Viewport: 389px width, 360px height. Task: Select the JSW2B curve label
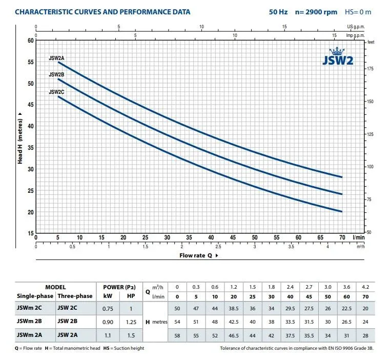point(56,74)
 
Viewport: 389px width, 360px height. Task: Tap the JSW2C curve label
point(56,92)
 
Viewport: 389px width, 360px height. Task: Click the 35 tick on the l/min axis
point(189,238)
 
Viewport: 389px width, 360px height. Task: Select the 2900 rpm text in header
point(316,12)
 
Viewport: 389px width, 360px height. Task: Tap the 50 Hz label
point(278,12)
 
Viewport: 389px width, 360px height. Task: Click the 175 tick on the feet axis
point(371,68)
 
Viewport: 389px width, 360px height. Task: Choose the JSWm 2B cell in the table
point(33,322)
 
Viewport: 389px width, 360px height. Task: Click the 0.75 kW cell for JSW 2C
point(108,309)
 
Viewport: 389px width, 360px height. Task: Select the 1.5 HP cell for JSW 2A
point(131,335)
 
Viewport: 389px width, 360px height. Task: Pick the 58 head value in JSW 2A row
point(177,335)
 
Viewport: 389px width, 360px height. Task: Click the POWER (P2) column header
point(119,287)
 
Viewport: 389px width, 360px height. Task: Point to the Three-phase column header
point(75,296)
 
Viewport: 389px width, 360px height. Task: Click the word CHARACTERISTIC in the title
point(47,12)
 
